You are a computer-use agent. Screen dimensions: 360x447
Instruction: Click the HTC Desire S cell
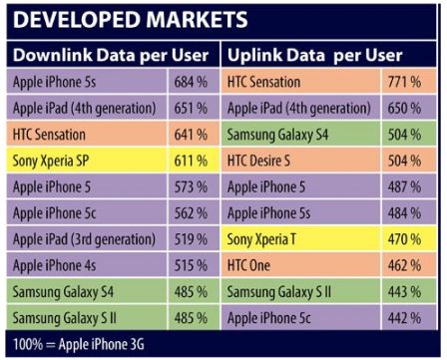pyautogui.click(x=265, y=159)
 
